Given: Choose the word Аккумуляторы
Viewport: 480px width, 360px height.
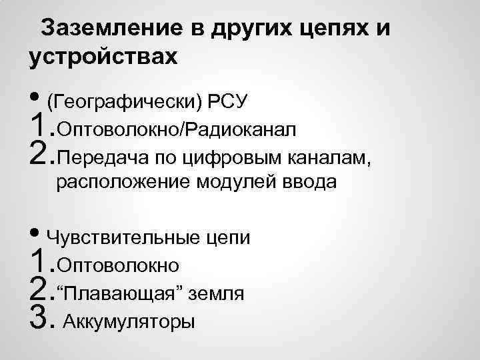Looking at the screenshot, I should [130, 323].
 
